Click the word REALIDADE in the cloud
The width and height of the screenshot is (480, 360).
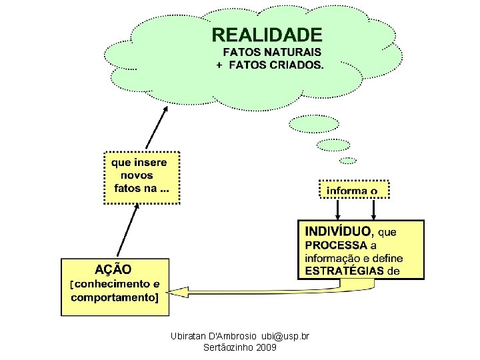point(267,35)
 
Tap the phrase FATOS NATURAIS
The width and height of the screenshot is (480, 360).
point(271,51)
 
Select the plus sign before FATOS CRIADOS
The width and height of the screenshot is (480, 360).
point(219,65)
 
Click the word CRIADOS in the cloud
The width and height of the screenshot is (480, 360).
point(298,65)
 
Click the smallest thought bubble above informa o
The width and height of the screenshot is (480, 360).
point(349,161)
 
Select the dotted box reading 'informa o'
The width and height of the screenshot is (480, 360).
point(353,190)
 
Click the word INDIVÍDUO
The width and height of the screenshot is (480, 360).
point(338,231)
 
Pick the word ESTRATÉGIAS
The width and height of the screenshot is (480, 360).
point(344,270)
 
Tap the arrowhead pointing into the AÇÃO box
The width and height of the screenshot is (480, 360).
point(175,289)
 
